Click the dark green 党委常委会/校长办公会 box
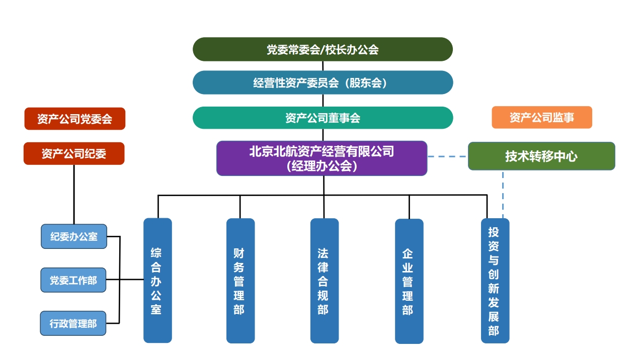323,49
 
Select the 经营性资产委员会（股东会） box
323,82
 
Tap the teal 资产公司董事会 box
323,118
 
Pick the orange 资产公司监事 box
541,118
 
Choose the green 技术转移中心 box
541,156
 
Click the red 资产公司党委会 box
74,119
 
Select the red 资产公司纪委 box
74,153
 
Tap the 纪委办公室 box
73,236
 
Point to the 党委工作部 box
73,280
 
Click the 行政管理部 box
73,323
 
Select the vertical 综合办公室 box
157,280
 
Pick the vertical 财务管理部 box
240,281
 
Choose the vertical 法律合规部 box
324,281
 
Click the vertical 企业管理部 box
409,281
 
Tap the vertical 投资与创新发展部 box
495,281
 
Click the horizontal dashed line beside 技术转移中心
448,157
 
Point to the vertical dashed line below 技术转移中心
503,194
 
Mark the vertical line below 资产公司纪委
74,194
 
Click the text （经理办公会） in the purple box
322,166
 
